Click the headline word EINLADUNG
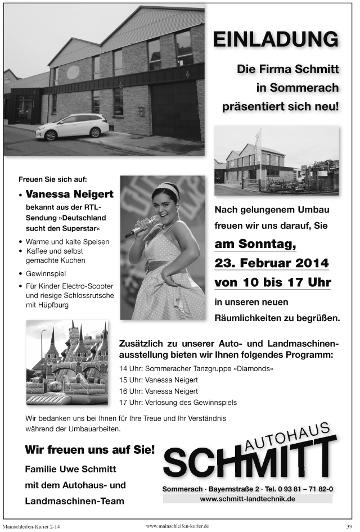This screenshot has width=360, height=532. [276, 40]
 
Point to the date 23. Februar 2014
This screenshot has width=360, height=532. [272, 263]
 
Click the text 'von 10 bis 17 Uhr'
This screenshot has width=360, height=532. [272, 282]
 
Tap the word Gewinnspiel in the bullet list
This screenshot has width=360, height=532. [46, 274]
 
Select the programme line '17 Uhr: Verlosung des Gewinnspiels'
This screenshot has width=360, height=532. [178, 402]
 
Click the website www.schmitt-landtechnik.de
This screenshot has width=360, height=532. [247, 499]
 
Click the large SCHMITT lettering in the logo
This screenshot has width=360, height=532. [247, 462]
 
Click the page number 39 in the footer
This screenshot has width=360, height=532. [349, 526]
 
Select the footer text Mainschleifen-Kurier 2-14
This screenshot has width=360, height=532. [31, 526]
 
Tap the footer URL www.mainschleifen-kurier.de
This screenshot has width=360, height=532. [177, 525]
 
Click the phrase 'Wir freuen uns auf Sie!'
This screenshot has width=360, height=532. [89, 450]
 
